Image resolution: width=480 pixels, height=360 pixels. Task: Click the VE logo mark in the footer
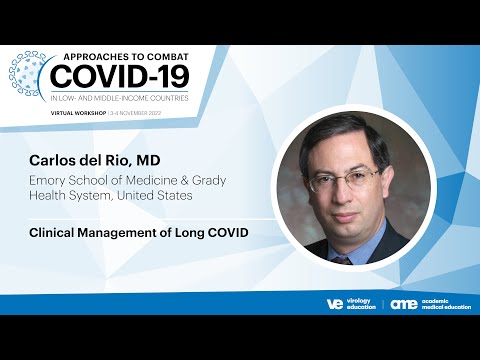(335, 303)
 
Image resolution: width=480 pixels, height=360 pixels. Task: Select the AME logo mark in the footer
(404, 303)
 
